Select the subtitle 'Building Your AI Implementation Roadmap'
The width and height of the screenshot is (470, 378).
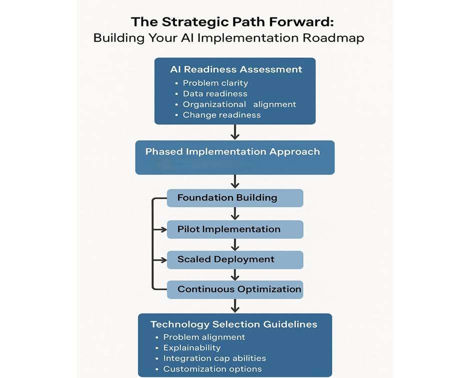click(x=228, y=38)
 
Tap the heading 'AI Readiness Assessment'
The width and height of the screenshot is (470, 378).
click(x=236, y=69)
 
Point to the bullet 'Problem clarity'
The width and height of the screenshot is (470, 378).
click(x=215, y=83)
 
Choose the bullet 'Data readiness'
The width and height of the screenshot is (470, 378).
click(x=215, y=94)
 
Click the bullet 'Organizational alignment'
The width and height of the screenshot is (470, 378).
click(x=239, y=104)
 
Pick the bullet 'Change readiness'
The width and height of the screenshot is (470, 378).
click(x=221, y=115)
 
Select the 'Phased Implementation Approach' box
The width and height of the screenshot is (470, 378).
click(x=234, y=157)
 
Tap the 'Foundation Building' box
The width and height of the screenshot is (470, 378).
click(x=234, y=198)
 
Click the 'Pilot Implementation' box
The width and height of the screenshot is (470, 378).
click(x=234, y=229)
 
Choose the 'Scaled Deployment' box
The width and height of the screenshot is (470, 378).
click(x=234, y=260)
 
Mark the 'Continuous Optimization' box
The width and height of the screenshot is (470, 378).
click(x=234, y=289)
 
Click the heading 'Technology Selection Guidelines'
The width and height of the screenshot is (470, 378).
click(x=234, y=325)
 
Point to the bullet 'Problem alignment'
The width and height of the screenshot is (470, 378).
click(x=204, y=337)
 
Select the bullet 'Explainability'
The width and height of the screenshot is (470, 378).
click(x=191, y=348)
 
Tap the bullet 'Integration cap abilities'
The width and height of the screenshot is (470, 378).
click(x=214, y=359)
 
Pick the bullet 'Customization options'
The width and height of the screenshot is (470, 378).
click(x=212, y=369)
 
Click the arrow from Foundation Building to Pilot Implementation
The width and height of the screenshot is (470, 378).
click(x=235, y=214)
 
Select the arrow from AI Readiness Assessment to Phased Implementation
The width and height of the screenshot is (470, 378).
click(x=235, y=132)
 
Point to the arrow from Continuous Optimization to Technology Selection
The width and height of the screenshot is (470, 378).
click(x=235, y=306)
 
